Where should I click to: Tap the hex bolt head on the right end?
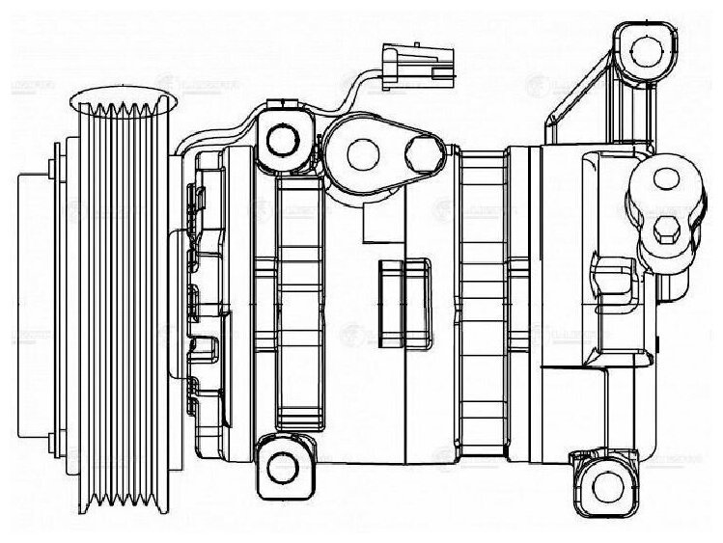666,232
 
